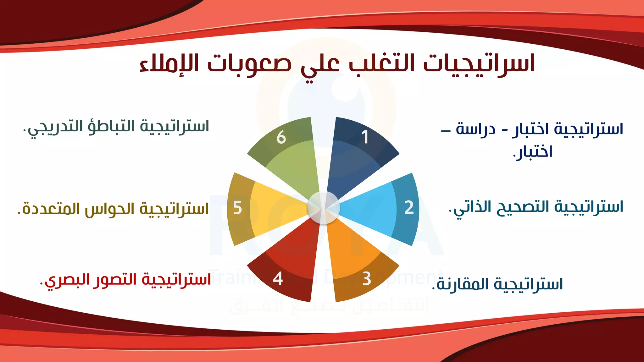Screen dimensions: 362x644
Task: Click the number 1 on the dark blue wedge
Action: tap(365, 137)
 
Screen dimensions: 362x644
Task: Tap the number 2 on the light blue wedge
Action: tap(409, 208)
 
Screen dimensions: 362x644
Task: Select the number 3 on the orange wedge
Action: tap(367, 279)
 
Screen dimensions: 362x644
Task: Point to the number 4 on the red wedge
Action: tap(278, 279)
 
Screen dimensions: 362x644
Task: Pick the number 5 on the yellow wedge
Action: tap(237, 208)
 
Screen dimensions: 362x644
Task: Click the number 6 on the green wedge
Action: tap(281, 138)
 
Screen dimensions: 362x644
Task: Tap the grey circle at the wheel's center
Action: tap(323, 208)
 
